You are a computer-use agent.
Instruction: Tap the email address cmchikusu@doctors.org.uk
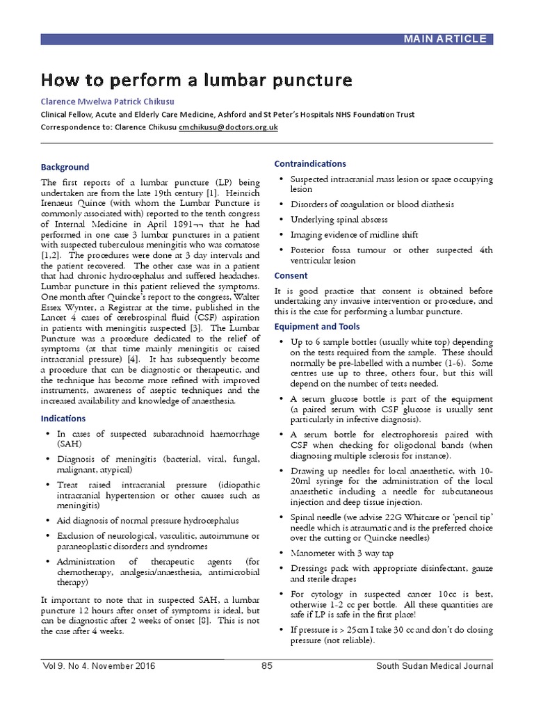(x=228, y=127)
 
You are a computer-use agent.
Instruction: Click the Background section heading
(x=65, y=167)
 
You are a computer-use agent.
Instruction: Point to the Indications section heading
(x=63, y=419)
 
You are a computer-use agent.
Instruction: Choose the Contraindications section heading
(x=310, y=163)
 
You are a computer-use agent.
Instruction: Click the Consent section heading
(x=291, y=275)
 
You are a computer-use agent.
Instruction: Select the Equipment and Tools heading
(x=316, y=327)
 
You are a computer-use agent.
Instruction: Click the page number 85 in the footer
(x=266, y=665)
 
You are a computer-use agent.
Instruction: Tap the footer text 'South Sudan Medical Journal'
(x=435, y=665)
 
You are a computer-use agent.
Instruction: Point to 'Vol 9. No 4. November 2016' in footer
(x=98, y=665)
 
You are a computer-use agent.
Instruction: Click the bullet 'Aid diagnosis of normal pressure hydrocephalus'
(x=147, y=520)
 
